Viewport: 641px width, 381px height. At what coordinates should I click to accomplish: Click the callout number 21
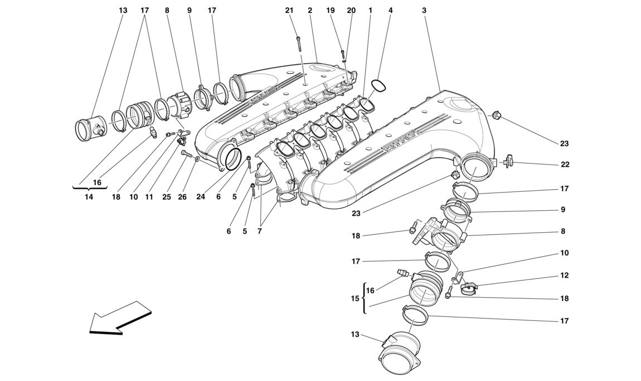(289, 11)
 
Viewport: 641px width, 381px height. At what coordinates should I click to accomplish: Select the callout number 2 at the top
(309, 11)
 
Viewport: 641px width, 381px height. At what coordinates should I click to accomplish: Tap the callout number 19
(331, 11)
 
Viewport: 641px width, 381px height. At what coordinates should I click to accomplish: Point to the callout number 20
(351, 11)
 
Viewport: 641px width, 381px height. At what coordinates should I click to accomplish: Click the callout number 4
(390, 11)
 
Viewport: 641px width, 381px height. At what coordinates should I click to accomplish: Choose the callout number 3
(424, 11)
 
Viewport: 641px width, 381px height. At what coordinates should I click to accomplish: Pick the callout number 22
(564, 165)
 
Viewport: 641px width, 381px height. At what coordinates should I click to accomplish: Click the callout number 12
(564, 275)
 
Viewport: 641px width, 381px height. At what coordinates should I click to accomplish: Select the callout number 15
(355, 299)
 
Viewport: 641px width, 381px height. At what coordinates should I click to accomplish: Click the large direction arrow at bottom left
(120, 319)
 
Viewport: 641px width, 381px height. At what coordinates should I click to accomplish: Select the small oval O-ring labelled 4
(379, 85)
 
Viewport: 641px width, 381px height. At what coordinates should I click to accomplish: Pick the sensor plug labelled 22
(508, 162)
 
